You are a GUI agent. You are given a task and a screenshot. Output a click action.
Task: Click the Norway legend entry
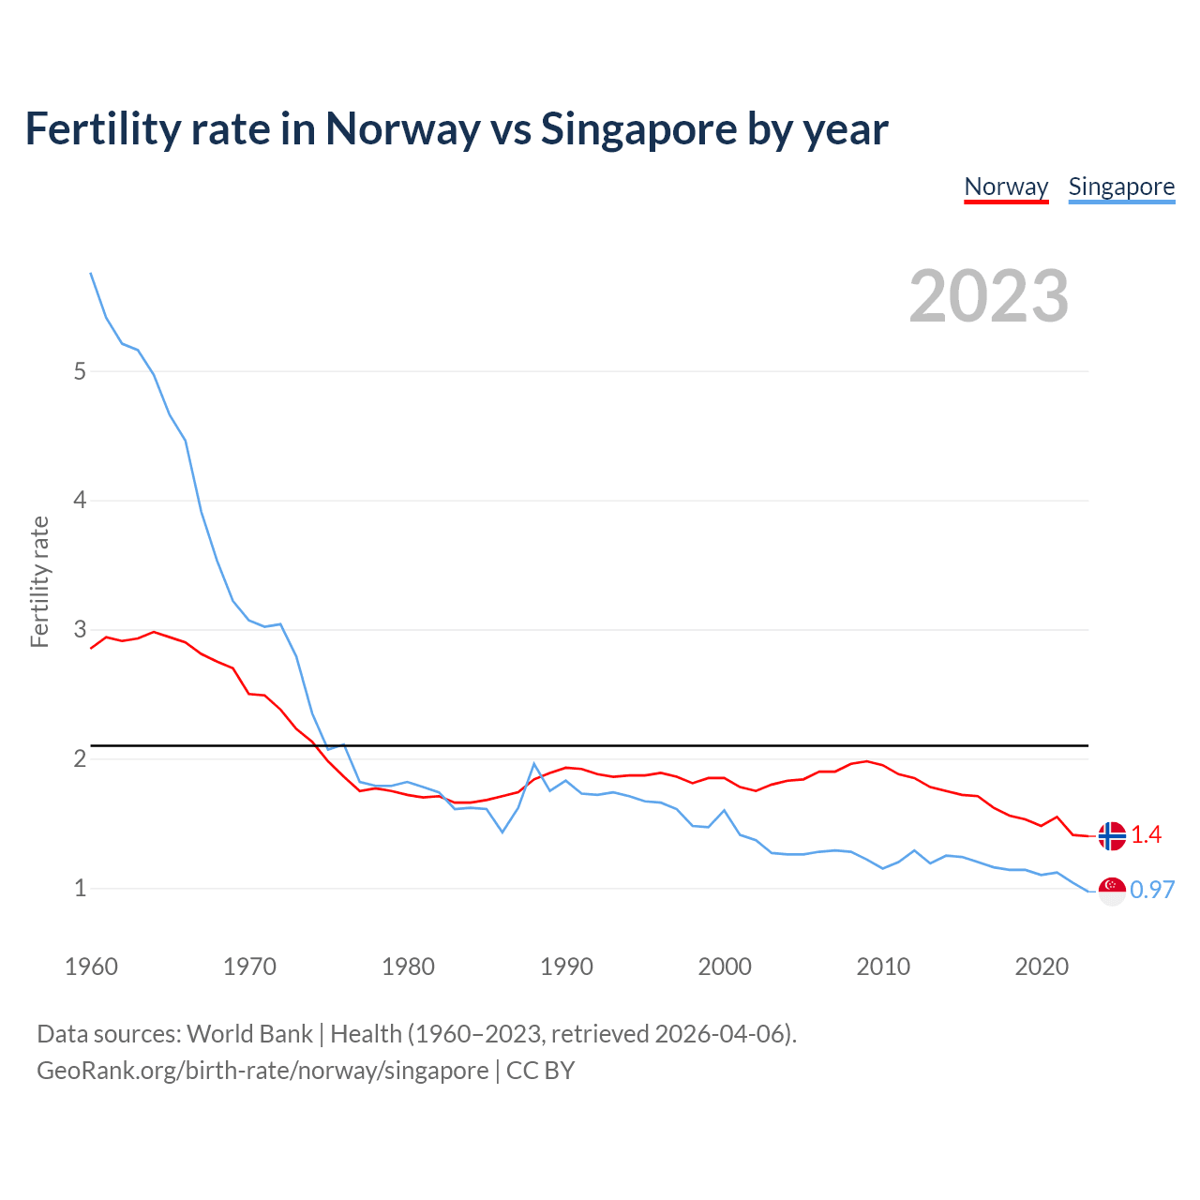1006,187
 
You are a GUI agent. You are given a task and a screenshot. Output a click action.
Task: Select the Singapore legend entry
1121,187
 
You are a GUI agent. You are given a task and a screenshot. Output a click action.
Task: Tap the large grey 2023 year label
988,296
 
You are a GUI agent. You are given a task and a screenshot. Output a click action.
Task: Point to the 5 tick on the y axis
80,371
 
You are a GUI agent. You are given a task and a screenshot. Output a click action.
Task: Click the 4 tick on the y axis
80,501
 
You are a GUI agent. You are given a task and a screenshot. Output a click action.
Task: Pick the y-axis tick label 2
80,758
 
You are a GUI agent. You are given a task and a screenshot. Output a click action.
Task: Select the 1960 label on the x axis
91,967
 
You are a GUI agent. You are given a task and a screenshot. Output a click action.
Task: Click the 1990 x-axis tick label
566,967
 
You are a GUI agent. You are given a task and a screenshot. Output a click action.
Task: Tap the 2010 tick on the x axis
883,967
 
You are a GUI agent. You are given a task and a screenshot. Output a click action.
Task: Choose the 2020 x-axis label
1042,967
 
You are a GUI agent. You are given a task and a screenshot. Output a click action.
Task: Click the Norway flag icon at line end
1112,835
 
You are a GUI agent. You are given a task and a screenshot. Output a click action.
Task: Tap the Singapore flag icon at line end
1112,891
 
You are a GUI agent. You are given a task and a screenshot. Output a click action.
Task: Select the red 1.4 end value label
1146,834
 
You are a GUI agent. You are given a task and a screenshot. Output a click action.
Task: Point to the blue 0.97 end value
1152,890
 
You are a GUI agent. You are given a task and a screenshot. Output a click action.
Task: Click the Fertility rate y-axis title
39,581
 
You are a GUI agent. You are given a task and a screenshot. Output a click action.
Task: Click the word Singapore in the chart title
638,129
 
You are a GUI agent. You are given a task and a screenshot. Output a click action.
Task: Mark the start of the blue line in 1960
91,273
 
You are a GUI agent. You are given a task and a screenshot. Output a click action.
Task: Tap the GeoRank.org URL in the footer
262,1071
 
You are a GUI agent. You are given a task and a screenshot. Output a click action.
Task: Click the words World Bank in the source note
249,1034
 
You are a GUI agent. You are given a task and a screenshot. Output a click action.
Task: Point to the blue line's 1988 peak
533,764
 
